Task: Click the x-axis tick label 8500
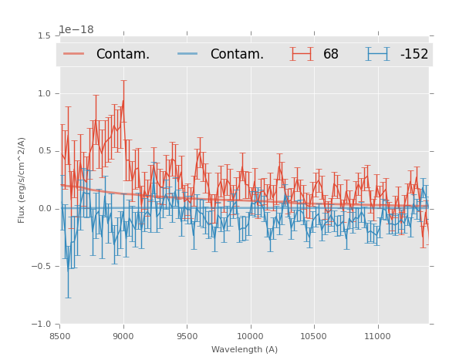coord(59,336)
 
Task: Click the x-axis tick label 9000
coord(123,336)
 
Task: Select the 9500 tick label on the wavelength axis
coord(187,336)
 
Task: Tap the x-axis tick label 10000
coord(250,336)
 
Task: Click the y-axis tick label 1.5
coord(43,35)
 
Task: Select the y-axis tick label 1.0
coord(43,93)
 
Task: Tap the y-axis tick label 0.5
coord(43,151)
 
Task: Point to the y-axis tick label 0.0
coord(43,209)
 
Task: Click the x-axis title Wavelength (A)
coord(244,349)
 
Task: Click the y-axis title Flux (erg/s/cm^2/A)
coord(22,180)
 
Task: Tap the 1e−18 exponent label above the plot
coord(76,29)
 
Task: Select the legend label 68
coord(331,55)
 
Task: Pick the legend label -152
coord(414,55)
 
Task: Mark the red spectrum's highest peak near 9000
coord(123,100)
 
